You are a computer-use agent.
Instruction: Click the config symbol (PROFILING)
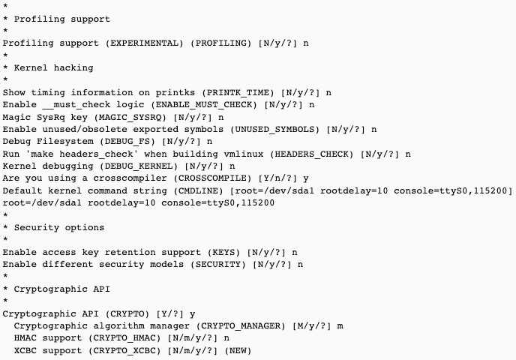(220, 43)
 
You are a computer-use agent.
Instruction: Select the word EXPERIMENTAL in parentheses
(145, 43)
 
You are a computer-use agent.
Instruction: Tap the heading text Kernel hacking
(54, 67)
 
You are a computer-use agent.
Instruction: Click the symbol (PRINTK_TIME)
(238, 92)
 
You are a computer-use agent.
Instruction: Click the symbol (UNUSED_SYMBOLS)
(274, 129)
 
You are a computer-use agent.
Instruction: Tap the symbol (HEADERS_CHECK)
(312, 154)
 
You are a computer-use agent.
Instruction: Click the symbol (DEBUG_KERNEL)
(141, 166)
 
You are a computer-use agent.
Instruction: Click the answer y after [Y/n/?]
(306, 179)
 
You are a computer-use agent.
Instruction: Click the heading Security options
(59, 228)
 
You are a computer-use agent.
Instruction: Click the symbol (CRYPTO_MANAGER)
(241, 326)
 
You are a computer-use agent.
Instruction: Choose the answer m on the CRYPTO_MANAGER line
(340, 326)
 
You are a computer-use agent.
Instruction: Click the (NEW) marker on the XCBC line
(238, 351)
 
